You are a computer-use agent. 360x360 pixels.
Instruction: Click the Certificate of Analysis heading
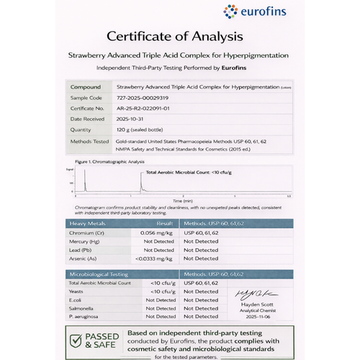coord(179,36)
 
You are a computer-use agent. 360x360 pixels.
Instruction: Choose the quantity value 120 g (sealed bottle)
coord(142,130)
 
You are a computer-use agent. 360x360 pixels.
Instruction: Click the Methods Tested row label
coord(89,141)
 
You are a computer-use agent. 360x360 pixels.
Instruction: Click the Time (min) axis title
coord(181,200)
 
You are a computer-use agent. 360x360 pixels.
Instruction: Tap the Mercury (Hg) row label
coord(86,243)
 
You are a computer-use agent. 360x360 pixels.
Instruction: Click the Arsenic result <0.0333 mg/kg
coord(156,258)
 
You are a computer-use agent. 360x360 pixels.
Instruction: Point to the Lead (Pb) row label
coord(81,251)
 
